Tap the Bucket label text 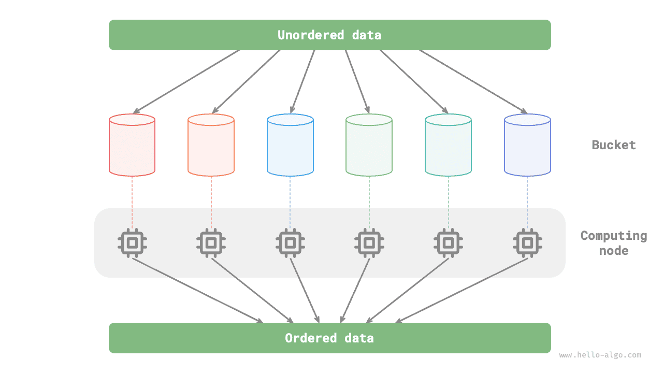[614, 145]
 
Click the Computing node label [614, 243]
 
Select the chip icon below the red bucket [132, 242]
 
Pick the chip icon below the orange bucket [211, 242]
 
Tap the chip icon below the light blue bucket [290, 242]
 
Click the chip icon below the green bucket [369, 242]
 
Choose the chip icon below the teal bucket [448, 242]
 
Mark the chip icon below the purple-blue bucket [527, 242]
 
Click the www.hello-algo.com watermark [600, 355]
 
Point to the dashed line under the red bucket [132, 202]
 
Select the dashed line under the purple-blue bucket [527, 202]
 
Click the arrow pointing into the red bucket [186, 81]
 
